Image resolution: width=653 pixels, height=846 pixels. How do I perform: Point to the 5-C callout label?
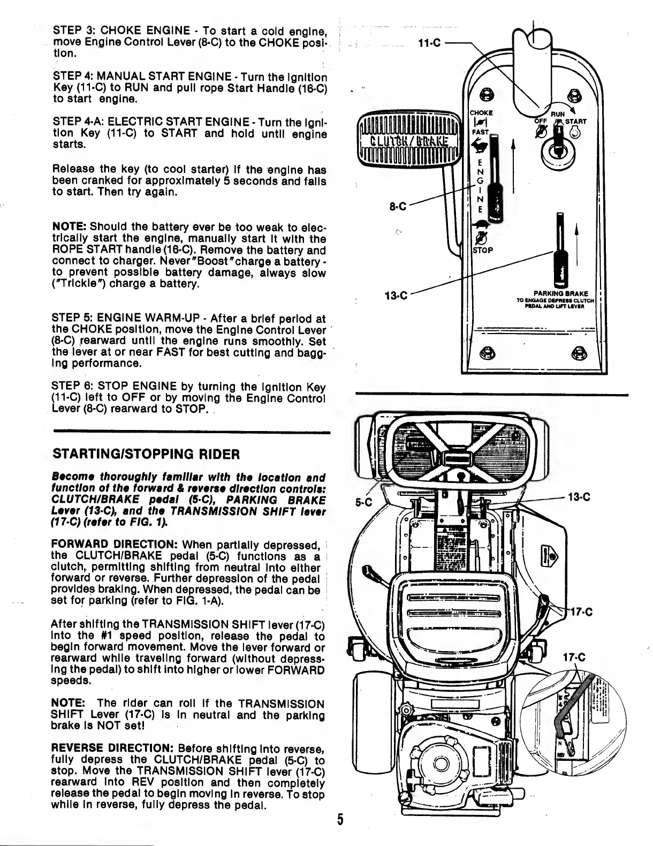[363, 502]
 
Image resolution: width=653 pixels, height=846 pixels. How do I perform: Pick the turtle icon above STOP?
[482, 225]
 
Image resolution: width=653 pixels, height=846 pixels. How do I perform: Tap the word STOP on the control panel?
[482, 251]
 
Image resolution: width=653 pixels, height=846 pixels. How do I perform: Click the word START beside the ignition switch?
[575, 122]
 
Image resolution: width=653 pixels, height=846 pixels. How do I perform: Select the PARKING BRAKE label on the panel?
[560, 293]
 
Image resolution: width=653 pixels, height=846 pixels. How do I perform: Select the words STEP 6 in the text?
[68, 387]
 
